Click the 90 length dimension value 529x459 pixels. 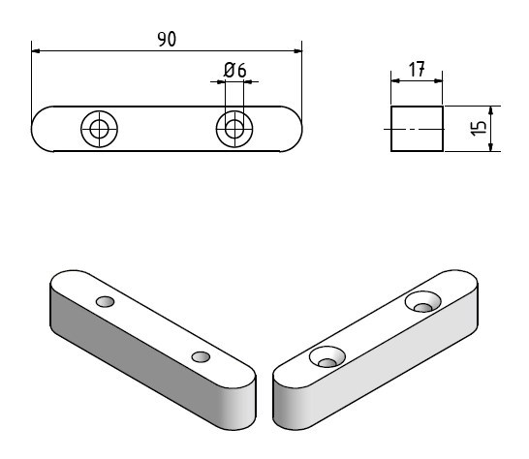point(167,39)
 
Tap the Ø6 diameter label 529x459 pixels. point(234,70)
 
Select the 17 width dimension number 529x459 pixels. point(417,69)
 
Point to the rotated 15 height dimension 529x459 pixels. point(479,129)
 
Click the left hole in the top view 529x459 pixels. point(99,129)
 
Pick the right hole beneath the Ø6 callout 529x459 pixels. point(234,129)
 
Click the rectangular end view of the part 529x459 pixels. point(417,129)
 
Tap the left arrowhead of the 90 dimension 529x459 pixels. point(36,51)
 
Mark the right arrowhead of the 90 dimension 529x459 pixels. point(297,51)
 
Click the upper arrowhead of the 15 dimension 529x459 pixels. point(491,110)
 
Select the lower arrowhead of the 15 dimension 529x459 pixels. point(491,146)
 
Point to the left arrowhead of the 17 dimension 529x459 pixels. point(395,81)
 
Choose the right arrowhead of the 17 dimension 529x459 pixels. point(438,81)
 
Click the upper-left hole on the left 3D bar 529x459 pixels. point(105,301)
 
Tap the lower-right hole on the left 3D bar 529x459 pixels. point(201,356)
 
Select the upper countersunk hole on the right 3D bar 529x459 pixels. point(423,301)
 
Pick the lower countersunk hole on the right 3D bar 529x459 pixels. point(327,356)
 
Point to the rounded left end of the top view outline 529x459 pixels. point(37,129)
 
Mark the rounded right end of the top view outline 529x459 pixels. point(296,129)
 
